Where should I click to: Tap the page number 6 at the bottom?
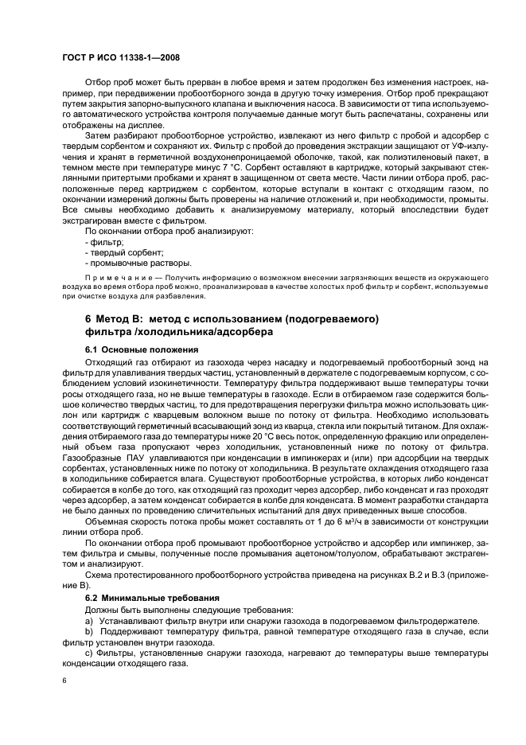(x=66, y=681)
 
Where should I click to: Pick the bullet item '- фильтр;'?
(x=103, y=263)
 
